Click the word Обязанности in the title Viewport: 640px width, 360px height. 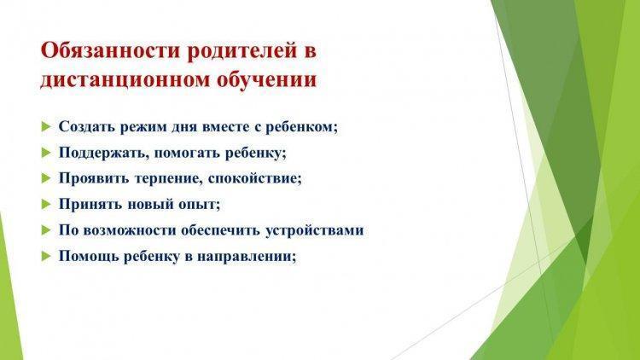(x=111, y=52)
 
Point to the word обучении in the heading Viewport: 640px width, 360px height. (x=266, y=78)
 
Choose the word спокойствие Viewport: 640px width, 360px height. (x=254, y=178)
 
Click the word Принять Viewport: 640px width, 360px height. (x=90, y=204)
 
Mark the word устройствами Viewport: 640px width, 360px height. (x=315, y=230)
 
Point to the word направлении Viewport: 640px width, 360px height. (x=246, y=256)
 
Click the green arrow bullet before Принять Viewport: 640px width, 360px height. (x=46, y=204)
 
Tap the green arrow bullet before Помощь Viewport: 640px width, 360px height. (x=46, y=256)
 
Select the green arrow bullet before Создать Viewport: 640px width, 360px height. (x=46, y=126)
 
